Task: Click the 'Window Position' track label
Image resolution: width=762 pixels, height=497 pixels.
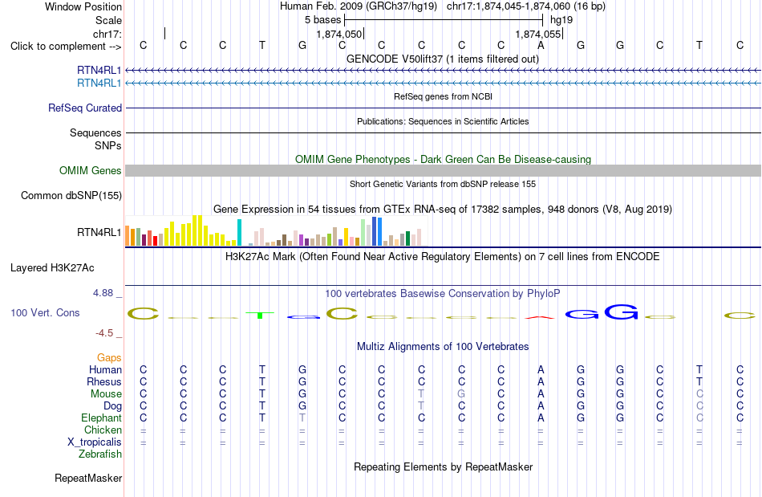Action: [x=83, y=6]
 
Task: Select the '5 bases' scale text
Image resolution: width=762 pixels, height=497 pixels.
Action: [x=322, y=20]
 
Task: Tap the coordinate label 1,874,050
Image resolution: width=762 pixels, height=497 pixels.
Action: [x=338, y=34]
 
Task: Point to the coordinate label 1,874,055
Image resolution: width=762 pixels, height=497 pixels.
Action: [x=538, y=34]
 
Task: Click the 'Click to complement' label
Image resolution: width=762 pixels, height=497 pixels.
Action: [x=58, y=47]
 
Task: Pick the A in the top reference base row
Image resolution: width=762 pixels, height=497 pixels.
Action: [x=541, y=45]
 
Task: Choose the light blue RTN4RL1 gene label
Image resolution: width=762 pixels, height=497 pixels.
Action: [x=99, y=84]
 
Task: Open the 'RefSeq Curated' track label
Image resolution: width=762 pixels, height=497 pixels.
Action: [x=85, y=108]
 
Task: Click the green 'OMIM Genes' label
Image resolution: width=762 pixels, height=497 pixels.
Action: [x=91, y=171]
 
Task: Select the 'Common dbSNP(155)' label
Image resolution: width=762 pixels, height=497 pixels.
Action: [x=71, y=195]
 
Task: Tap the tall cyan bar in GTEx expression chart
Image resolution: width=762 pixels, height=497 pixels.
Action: [x=239, y=233]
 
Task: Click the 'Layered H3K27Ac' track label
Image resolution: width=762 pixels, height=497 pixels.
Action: [x=52, y=268]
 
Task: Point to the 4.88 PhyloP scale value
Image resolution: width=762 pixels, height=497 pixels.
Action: [x=103, y=293]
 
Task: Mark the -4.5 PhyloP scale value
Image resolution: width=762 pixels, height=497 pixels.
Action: [x=104, y=333]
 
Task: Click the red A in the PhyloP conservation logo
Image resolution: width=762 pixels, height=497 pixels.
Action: [x=540, y=318]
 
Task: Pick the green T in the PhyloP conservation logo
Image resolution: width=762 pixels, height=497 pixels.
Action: [x=261, y=315]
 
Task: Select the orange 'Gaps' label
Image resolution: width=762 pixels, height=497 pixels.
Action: [x=109, y=358]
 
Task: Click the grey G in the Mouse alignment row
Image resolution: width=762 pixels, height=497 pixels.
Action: [x=461, y=393]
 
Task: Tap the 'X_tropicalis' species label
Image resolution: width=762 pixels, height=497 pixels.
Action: [x=95, y=442]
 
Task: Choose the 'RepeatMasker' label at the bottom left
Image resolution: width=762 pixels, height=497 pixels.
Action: [x=88, y=479]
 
